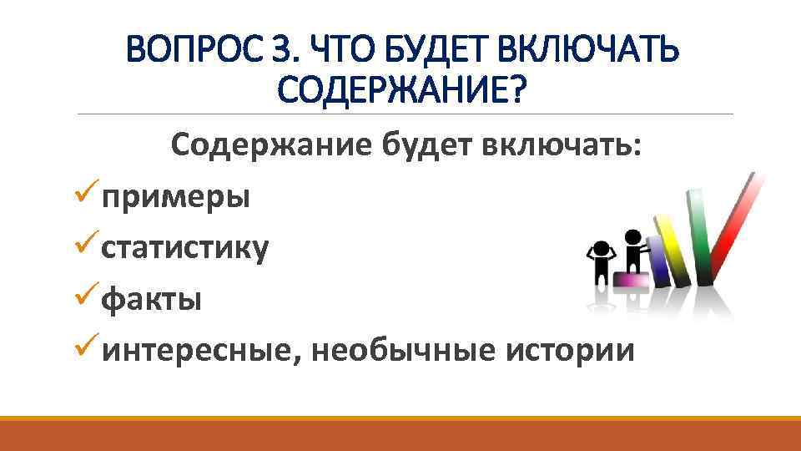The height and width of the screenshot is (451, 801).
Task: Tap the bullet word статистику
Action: (185, 248)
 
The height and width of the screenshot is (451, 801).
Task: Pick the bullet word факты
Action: (151, 298)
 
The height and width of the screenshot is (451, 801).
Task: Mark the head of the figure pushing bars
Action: (632, 236)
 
